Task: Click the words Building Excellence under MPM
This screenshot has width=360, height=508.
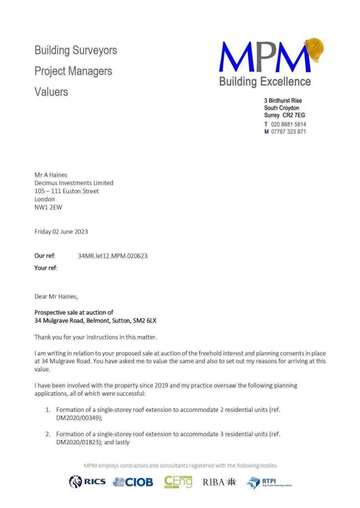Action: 265,82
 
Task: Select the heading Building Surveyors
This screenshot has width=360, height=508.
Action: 76,50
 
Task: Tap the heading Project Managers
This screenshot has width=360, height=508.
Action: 73,71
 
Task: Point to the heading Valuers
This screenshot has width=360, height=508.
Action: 52,92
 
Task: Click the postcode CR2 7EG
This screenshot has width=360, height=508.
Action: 294,115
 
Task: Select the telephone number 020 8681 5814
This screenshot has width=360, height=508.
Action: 289,125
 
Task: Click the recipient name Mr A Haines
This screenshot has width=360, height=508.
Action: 51,175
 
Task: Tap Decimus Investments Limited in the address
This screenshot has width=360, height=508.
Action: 74,183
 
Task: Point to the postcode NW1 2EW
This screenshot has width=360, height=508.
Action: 48,208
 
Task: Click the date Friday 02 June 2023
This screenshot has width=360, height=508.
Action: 61,231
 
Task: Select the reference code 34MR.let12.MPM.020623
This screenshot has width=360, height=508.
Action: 113,256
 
